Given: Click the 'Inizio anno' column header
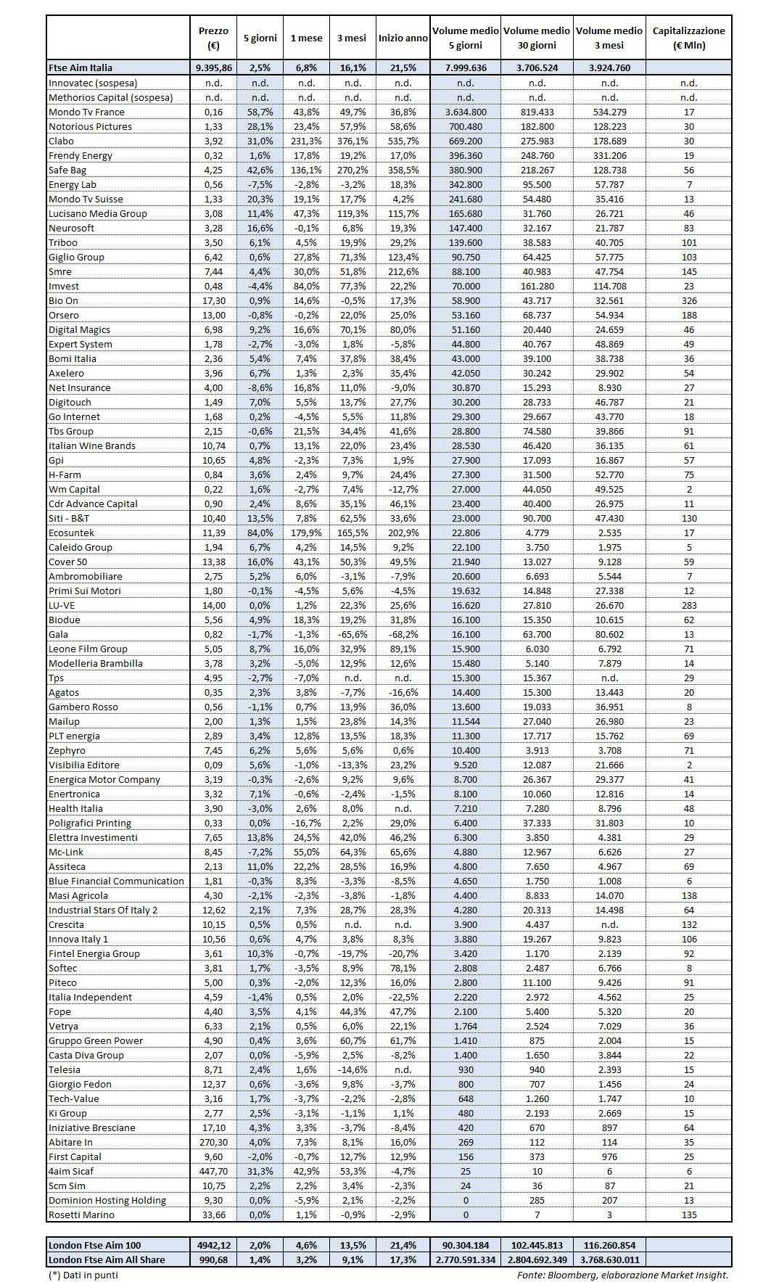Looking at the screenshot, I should (x=403, y=38).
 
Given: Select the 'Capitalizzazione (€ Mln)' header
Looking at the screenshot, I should (x=688, y=38).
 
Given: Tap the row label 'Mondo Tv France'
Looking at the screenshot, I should (x=86, y=112).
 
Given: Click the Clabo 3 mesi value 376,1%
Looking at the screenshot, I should (x=353, y=141).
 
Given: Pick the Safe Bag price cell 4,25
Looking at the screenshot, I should (x=213, y=170).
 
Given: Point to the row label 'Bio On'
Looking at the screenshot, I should (x=63, y=300).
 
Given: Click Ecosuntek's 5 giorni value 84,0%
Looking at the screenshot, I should (x=259, y=533).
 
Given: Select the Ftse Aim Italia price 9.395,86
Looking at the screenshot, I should (x=213, y=67).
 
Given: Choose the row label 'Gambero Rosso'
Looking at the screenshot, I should (x=83, y=707).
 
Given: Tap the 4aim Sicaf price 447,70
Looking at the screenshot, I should (x=213, y=1171).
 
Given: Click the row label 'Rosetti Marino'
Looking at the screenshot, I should (x=83, y=1215).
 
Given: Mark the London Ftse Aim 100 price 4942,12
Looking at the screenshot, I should (x=213, y=1245).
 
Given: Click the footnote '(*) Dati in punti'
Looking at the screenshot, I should (x=83, y=1275).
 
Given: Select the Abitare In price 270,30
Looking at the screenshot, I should (x=213, y=1142).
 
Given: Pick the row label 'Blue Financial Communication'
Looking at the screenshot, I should (x=116, y=881).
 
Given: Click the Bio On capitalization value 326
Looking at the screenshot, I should (x=688, y=300).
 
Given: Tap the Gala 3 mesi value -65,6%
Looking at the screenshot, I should (x=353, y=634).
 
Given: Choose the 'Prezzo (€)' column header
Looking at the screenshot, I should (x=213, y=38).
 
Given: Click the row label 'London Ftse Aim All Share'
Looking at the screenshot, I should (x=107, y=1260).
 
